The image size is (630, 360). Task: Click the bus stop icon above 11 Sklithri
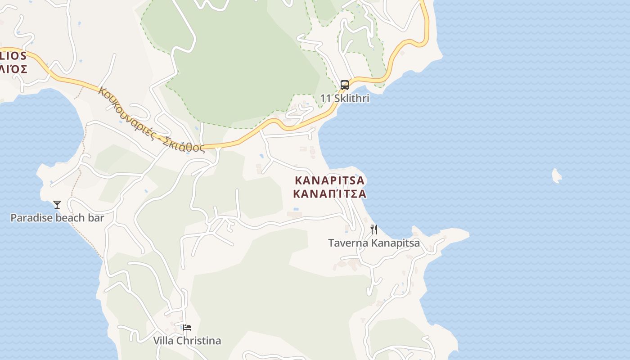[x=344, y=85]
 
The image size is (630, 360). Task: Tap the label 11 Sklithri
[x=345, y=98]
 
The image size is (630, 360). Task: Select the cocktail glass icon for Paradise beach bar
[x=57, y=205]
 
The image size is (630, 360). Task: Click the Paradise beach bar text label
[x=57, y=218]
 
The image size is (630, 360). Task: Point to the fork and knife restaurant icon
[x=373, y=229]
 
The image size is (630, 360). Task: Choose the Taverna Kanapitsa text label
[x=373, y=243]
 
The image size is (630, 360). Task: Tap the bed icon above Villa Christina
[x=187, y=328]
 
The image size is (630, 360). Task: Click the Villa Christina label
[x=187, y=341]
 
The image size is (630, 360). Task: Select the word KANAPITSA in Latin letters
[x=329, y=181]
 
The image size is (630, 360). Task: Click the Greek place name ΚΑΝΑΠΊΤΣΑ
[x=329, y=194]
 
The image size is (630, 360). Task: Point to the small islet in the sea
[x=557, y=176]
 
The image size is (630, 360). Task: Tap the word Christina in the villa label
[x=199, y=341]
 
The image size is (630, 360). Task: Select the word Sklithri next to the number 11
[x=351, y=98]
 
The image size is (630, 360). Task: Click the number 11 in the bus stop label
[x=325, y=98]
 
